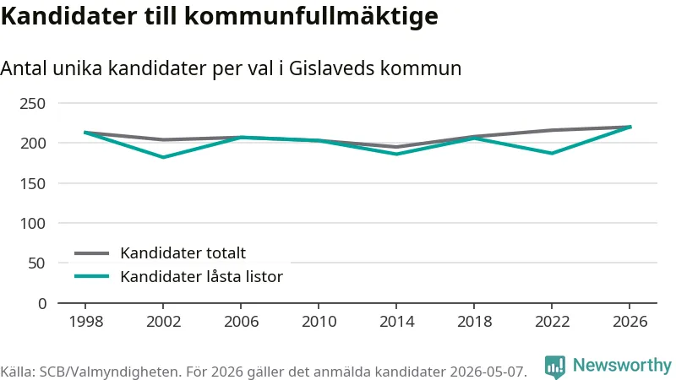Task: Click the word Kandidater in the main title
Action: tap(69, 16)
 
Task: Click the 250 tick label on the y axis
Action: tap(33, 103)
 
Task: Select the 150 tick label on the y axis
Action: tap(33, 183)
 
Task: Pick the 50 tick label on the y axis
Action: tap(36, 263)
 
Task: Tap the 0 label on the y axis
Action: tap(41, 304)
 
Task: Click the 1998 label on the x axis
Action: tap(86, 322)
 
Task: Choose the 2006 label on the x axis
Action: tap(241, 322)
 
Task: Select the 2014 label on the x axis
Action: tap(396, 322)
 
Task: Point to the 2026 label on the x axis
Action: tap(630, 322)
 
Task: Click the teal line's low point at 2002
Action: tap(163, 157)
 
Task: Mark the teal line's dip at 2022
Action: tap(552, 154)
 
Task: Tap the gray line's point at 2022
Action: tap(552, 130)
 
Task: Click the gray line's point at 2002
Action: tap(163, 139)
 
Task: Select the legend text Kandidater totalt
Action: tap(183, 252)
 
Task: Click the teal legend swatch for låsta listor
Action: tap(91, 276)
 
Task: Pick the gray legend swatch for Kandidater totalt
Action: tap(91, 252)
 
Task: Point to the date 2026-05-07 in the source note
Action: tap(488, 372)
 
